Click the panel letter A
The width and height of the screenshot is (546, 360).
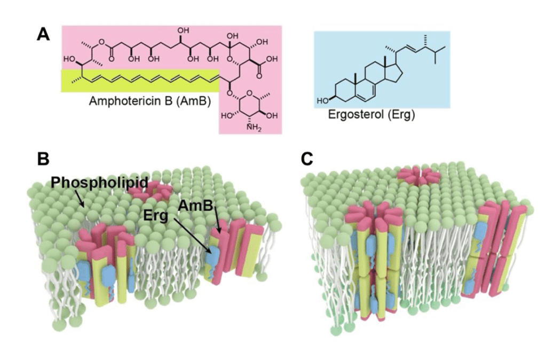43,35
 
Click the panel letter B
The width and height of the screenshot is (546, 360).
43,159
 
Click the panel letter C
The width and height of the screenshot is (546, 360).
306,159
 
